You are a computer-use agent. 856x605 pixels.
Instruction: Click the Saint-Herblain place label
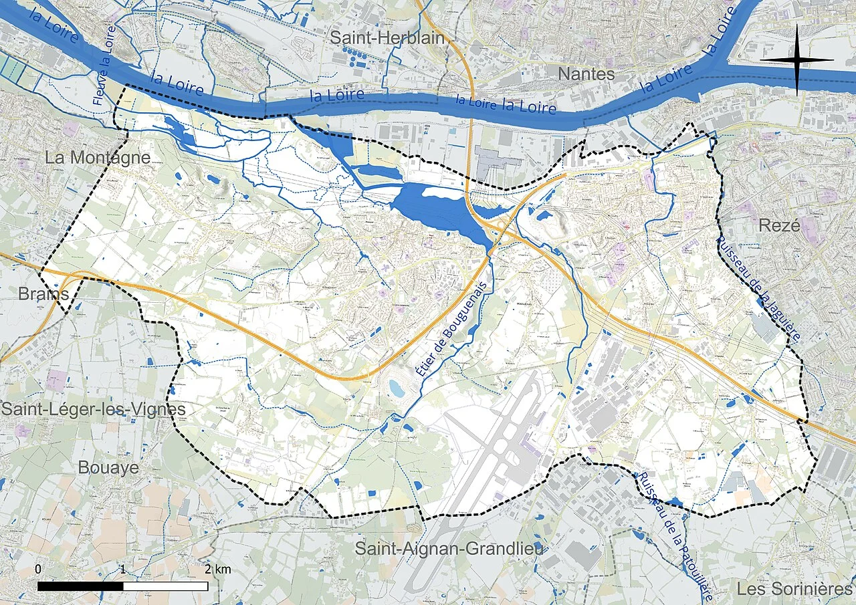[387, 38]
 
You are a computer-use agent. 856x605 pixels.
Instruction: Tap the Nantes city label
[586, 74]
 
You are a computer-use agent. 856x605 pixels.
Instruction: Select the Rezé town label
[779, 225]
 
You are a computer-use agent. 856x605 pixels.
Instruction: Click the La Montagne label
[98, 158]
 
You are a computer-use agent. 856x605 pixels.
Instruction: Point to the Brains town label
[43, 294]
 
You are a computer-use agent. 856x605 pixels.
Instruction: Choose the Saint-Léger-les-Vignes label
[92, 408]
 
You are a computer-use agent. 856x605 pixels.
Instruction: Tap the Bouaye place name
[108, 467]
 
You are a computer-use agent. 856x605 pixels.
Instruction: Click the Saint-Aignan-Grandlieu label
[449, 549]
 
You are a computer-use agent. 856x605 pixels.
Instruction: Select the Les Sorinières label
[794, 589]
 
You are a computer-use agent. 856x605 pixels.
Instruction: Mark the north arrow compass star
[796, 60]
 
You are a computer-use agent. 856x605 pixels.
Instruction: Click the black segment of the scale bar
[80, 586]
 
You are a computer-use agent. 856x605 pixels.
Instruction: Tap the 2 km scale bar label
[218, 570]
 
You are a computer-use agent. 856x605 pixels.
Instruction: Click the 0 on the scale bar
[38, 570]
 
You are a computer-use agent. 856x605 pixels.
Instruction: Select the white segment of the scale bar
[165, 586]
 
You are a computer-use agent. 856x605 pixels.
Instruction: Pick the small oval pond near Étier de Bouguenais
[397, 388]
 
